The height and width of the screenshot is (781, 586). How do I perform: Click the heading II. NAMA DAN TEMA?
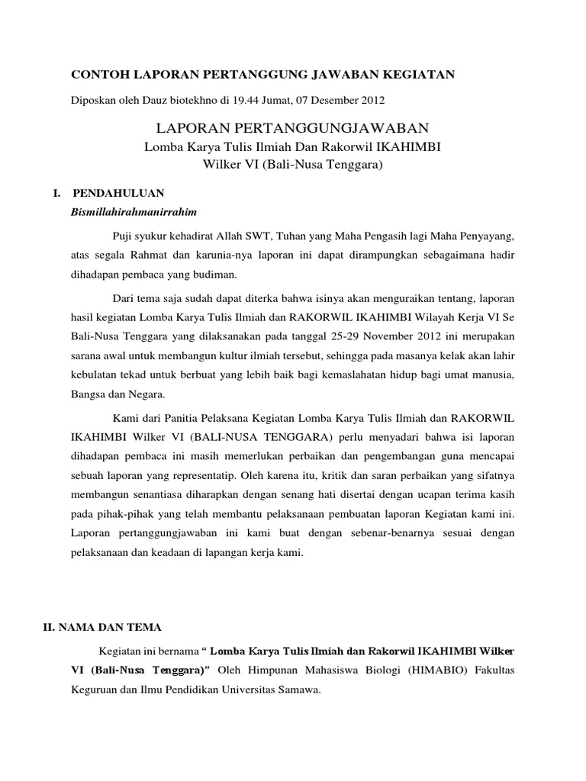click(x=101, y=627)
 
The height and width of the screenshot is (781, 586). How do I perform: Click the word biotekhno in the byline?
click(x=188, y=100)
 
